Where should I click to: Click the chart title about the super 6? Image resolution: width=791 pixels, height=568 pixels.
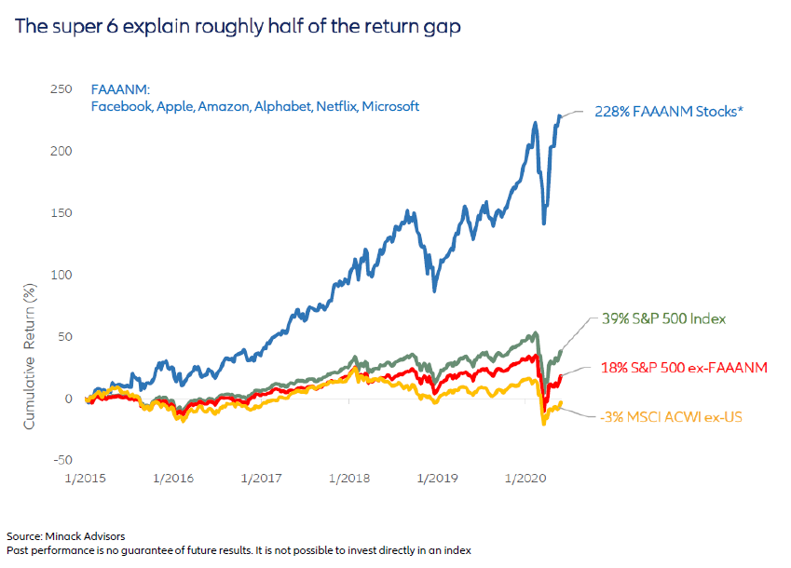238,26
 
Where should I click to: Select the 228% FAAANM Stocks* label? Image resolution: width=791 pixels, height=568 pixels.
665,112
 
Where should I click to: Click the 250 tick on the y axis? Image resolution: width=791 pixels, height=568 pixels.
61,89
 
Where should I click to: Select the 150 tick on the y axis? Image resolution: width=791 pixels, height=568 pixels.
61,213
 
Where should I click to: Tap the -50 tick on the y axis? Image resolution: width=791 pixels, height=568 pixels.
61,460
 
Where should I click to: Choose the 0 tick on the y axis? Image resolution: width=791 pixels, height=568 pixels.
67,399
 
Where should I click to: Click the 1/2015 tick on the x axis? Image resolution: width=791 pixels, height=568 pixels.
86,478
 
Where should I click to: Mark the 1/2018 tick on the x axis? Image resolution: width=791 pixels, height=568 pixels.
350,478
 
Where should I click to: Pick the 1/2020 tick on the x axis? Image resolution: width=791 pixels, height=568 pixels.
525,478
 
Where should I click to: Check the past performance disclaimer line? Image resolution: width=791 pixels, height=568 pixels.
239,550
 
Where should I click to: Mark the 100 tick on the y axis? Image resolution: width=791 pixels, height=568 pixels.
61,275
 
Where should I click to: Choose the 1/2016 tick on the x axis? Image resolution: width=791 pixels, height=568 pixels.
174,478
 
